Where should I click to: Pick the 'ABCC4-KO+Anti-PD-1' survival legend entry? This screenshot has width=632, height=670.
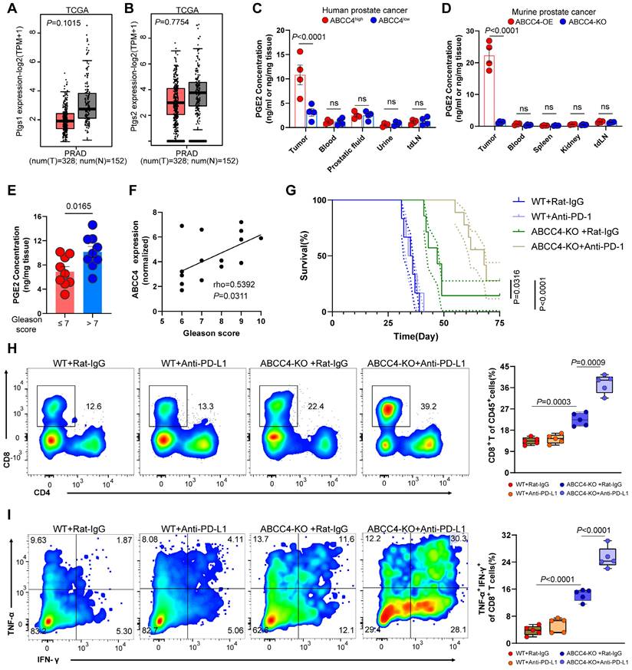(578, 247)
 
